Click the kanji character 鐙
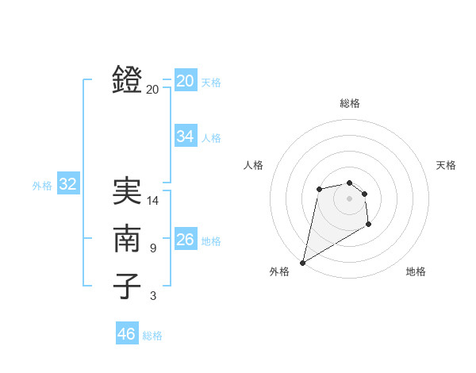[x=128, y=79]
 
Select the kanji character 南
[x=128, y=238]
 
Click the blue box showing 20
[x=185, y=81]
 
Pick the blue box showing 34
[x=185, y=137]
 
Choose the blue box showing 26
[x=185, y=240]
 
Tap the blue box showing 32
[x=67, y=185]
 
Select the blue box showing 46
[x=126, y=334]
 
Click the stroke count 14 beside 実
[x=153, y=201]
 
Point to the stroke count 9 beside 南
[x=153, y=248]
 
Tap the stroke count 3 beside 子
[x=153, y=296]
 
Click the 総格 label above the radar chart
[x=349, y=103]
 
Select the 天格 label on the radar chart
[x=446, y=165]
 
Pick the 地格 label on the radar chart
[x=416, y=271]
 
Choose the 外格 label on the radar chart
[x=279, y=271]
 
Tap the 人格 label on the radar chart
[x=253, y=165]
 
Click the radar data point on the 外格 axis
[x=302, y=263]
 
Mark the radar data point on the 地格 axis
[x=369, y=225]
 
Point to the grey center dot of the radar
[x=349, y=198]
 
